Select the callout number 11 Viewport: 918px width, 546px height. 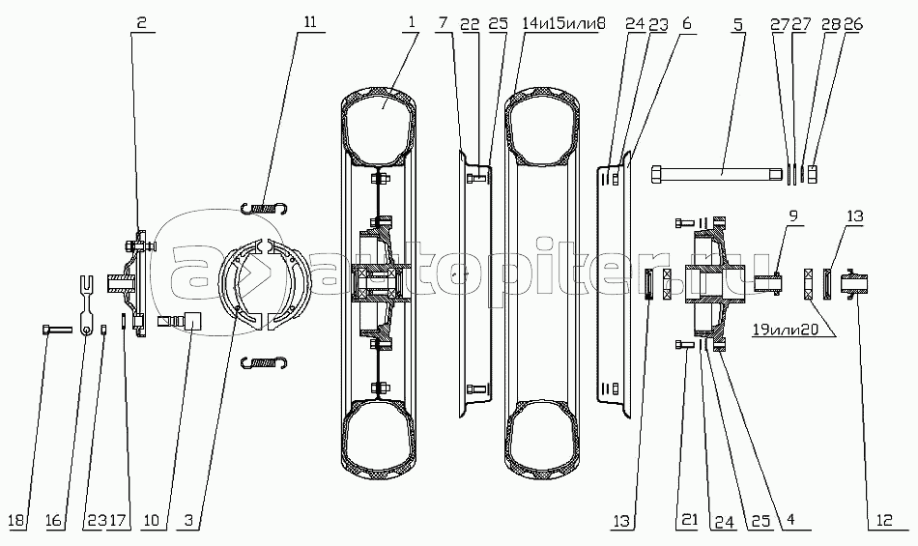point(308,22)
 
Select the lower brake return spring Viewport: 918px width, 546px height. point(266,361)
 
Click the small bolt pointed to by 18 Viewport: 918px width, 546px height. point(56,330)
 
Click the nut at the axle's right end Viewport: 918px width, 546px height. point(814,174)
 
